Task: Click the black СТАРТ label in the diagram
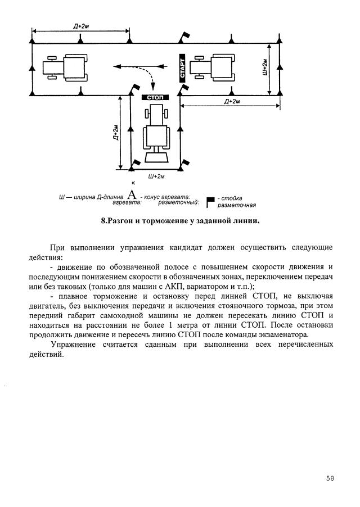coord(182,68)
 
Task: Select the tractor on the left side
coord(66,67)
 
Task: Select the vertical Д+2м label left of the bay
coord(115,133)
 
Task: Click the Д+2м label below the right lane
coord(232,101)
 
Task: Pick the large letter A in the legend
coord(132,196)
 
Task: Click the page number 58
coord(330,478)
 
